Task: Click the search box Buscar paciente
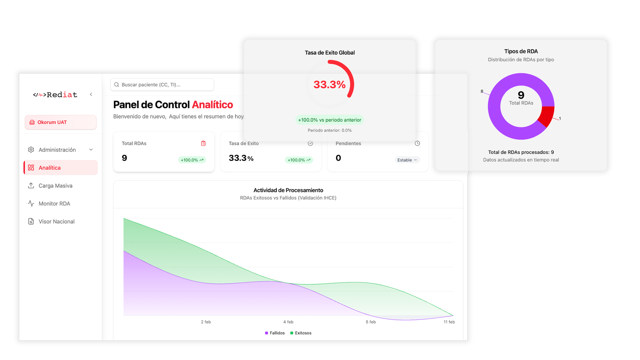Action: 162,85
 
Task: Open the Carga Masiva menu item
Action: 55,186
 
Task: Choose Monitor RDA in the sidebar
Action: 54,204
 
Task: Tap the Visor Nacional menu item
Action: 56,222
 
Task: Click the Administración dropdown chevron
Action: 91,150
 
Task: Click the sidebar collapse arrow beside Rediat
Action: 91,94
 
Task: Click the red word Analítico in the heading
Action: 212,105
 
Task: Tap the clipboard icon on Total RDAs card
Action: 203,143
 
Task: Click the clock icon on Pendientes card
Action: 417,143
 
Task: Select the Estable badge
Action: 407,160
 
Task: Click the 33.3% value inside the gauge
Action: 329,85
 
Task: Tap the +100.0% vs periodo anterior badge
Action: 329,120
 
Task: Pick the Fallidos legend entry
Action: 275,333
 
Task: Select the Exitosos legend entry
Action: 301,333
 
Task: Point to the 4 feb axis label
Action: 288,322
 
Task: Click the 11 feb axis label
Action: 449,322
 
